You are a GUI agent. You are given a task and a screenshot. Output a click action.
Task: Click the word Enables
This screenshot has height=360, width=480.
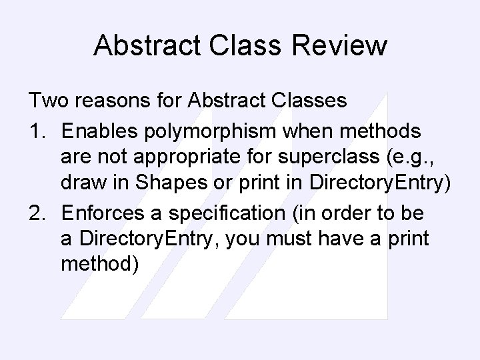tap(101, 131)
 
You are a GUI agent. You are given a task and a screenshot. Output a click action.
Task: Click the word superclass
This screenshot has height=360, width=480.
tap(320, 157)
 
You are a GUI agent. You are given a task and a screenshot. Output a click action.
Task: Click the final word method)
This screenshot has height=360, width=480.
tap(99, 265)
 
